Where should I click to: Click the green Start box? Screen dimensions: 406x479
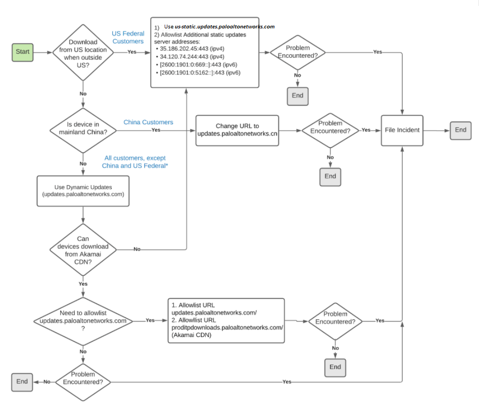[x=22, y=52]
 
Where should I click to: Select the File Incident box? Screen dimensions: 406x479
[x=401, y=130]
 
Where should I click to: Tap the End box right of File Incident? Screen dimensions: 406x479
[x=460, y=130]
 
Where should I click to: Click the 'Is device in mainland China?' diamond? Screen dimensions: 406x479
[x=83, y=130]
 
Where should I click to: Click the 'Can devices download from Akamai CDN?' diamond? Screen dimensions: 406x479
[x=83, y=250]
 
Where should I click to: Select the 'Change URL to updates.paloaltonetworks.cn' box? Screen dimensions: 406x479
[x=237, y=130]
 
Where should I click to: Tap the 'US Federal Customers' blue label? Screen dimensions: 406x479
[x=128, y=37]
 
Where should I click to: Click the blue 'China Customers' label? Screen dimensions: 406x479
[x=148, y=122]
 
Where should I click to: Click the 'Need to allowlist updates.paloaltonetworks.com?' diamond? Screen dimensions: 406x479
[x=83, y=320]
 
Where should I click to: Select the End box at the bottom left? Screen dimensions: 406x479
[x=22, y=382]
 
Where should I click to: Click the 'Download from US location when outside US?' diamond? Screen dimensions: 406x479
[x=83, y=52]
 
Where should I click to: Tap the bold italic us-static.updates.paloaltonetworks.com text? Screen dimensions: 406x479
[x=225, y=26]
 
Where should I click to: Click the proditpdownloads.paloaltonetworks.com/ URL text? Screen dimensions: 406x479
[x=227, y=327]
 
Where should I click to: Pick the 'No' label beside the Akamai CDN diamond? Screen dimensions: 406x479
[x=137, y=250]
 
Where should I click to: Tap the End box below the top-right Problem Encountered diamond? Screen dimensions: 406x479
[x=297, y=96]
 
